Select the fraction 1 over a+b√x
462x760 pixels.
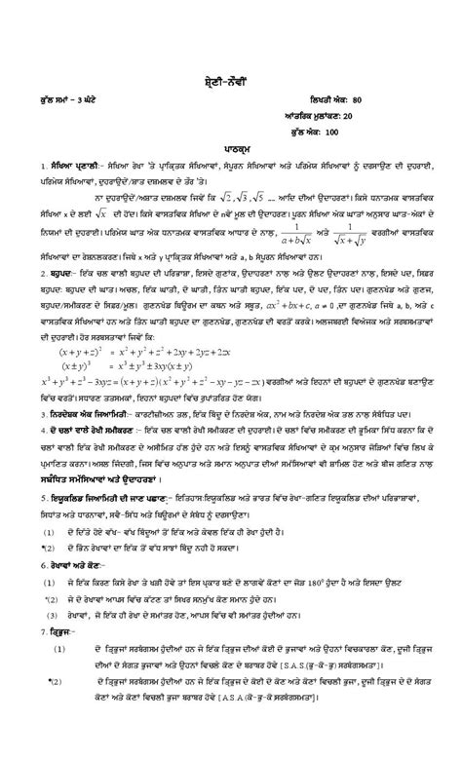click(x=284, y=256)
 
